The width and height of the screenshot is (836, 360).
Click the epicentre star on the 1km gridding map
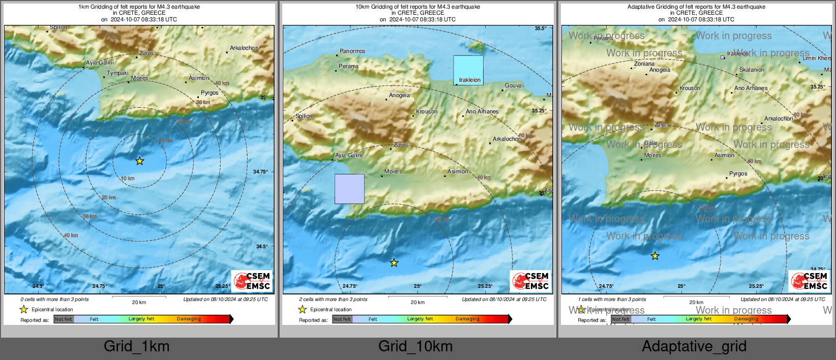(x=140, y=161)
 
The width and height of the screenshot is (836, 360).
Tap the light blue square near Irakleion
(x=468, y=70)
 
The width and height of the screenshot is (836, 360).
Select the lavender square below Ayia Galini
(x=349, y=189)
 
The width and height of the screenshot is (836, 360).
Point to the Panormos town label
(x=352, y=51)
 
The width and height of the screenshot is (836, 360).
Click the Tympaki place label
(x=117, y=73)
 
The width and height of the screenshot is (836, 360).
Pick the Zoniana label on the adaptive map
(x=644, y=64)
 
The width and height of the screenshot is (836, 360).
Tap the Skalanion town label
(x=752, y=70)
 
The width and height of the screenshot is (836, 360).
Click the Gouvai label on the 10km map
(x=514, y=85)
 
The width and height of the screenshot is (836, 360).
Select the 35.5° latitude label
(x=541, y=28)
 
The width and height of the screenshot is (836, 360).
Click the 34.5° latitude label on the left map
(x=261, y=247)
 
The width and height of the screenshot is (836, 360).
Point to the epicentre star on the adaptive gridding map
(x=655, y=256)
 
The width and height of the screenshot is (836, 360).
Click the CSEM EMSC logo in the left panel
(x=252, y=281)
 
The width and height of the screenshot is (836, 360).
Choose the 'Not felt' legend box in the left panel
(x=64, y=319)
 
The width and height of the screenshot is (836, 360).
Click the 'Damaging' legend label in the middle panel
(x=467, y=319)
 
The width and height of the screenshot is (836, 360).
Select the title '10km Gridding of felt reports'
(x=417, y=7)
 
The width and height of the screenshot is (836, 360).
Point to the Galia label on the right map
(x=651, y=143)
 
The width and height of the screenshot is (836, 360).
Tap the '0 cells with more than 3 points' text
(x=54, y=299)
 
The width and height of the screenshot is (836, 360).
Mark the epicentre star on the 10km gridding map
(x=394, y=263)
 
